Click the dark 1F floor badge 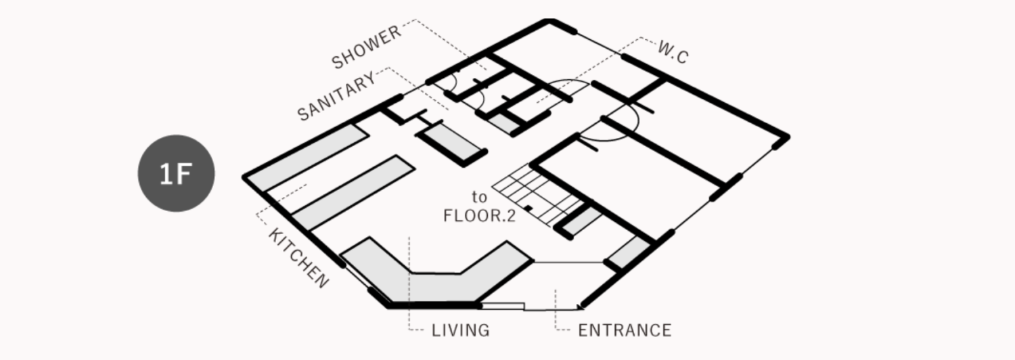tap(176, 173)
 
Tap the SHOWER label tap(367, 47)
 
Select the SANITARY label tap(337, 96)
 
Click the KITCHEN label tap(299, 258)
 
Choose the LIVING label tap(460, 330)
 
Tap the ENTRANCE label tap(625, 330)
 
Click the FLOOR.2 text tap(479, 216)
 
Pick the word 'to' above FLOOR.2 tap(479, 197)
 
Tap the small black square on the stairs tap(528, 208)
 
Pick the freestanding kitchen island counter tap(353, 193)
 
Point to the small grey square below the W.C tap(501, 122)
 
